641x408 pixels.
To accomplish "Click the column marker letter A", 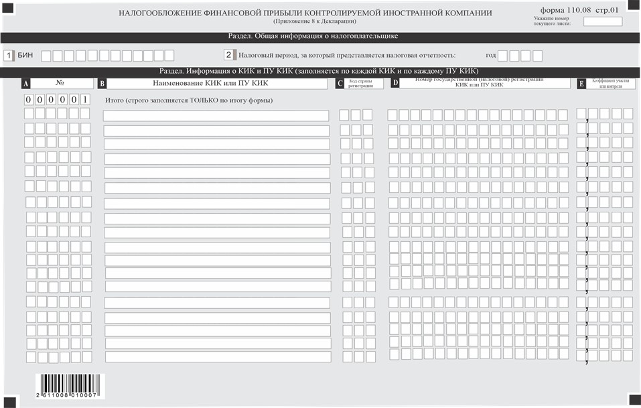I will pyautogui.click(x=26, y=84).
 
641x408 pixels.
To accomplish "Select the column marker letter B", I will pyautogui.click(x=102, y=84).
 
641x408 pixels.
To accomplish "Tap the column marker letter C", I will pyautogui.click(x=340, y=84).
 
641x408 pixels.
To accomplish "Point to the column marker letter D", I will pyautogui.click(x=395, y=83).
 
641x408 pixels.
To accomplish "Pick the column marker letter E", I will pyautogui.click(x=581, y=84).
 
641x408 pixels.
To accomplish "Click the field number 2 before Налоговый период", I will pyautogui.click(x=228, y=56).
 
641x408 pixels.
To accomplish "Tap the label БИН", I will pyautogui.click(x=25, y=56).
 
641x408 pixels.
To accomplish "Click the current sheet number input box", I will pyautogui.click(x=603, y=21).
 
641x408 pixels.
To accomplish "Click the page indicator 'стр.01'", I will pyautogui.click(x=608, y=11).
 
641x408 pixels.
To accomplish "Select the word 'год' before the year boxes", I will pyautogui.click(x=491, y=56).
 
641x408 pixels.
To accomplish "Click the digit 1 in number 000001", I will pyautogui.click(x=85, y=100).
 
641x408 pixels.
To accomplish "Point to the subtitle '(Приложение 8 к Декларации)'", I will pyautogui.click(x=305, y=21).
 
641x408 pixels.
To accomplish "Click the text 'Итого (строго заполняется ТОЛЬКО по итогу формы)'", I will pyautogui.click(x=190, y=100).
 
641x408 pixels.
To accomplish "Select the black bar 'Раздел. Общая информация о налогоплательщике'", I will pyautogui.click(x=320, y=37).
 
